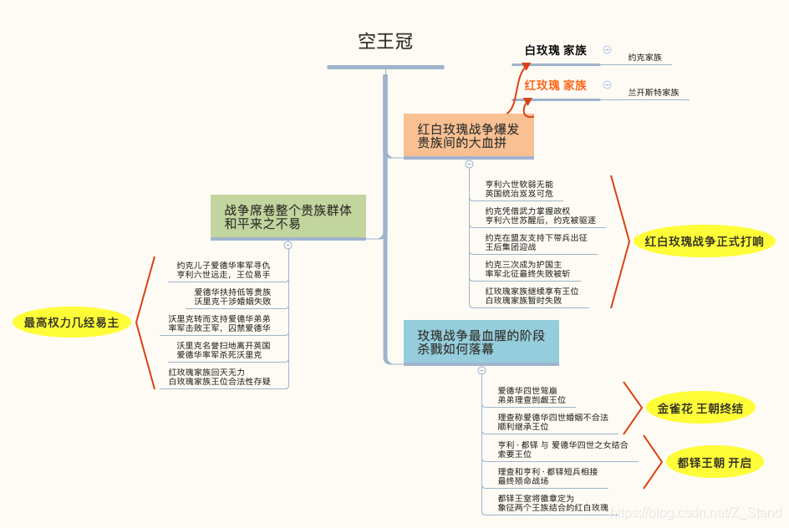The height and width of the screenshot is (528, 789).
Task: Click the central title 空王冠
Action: click(385, 41)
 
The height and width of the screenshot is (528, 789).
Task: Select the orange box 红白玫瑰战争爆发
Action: click(468, 135)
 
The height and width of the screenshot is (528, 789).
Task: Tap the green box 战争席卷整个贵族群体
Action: click(288, 216)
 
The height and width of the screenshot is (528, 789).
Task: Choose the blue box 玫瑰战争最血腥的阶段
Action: click(481, 342)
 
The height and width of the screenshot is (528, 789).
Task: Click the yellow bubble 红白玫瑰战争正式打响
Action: click(704, 242)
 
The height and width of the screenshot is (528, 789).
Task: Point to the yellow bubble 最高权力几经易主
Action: click(71, 322)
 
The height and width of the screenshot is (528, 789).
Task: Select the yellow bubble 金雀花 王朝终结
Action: click(700, 409)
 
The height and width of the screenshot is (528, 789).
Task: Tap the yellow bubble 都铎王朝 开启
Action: click(714, 462)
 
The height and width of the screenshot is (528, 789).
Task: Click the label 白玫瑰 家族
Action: click(555, 51)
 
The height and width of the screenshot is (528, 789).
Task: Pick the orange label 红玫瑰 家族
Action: click(555, 85)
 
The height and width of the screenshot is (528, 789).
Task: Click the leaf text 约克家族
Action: click(644, 58)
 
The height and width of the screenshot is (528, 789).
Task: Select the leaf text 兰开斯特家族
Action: click(653, 93)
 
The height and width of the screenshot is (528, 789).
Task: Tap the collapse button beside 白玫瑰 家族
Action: click(607, 50)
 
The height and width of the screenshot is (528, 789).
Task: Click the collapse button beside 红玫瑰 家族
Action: click(607, 85)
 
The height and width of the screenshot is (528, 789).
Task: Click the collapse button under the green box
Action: click(288, 246)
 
